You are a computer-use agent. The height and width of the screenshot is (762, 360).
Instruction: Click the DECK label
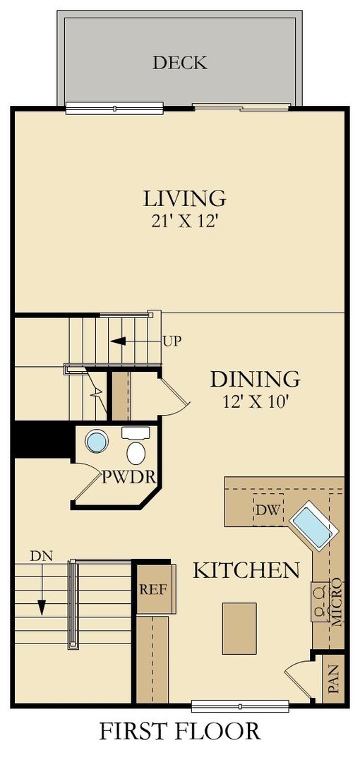pyautogui.click(x=180, y=62)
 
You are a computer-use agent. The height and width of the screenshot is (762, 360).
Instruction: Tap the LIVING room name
pyautogui.click(x=184, y=198)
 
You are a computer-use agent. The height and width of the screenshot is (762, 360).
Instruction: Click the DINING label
pyautogui.click(x=255, y=379)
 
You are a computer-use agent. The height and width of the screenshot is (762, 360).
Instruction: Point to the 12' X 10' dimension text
pyautogui.click(x=255, y=403)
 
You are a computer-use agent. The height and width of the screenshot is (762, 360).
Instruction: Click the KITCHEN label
pyautogui.click(x=246, y=569)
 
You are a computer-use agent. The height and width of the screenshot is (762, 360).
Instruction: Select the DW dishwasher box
pyautogui.click(x=267, y=509)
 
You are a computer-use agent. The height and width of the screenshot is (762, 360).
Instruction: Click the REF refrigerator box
pyautogui.click(x=152, y=588)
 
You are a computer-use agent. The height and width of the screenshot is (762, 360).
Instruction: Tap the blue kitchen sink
pyautogui.click(x=311, y=525)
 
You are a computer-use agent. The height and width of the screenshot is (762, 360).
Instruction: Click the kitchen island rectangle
pyautogui.click(x=239, y=628)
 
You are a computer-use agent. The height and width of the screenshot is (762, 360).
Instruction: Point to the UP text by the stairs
pyautogui.click(x=172, y=341)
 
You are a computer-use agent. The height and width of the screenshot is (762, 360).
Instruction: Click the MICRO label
pyautogui.click(x=337, y=604)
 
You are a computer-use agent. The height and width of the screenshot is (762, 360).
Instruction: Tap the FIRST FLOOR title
pyautogui.click(x=179, y=731)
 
